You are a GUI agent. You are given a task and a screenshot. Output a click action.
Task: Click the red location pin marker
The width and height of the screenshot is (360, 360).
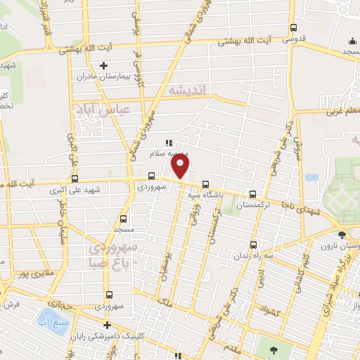tap(181, 166)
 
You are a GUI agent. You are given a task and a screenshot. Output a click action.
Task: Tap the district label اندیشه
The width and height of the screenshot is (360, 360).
tap(186, 91)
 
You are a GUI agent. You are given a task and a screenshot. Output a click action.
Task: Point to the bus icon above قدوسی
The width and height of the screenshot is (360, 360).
tap(294, 28)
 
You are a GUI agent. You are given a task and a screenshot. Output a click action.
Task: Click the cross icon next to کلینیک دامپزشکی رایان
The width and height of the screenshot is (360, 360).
tap(106, 325)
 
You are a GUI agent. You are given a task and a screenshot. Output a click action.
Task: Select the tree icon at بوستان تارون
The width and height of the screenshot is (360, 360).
tap(341, 235)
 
